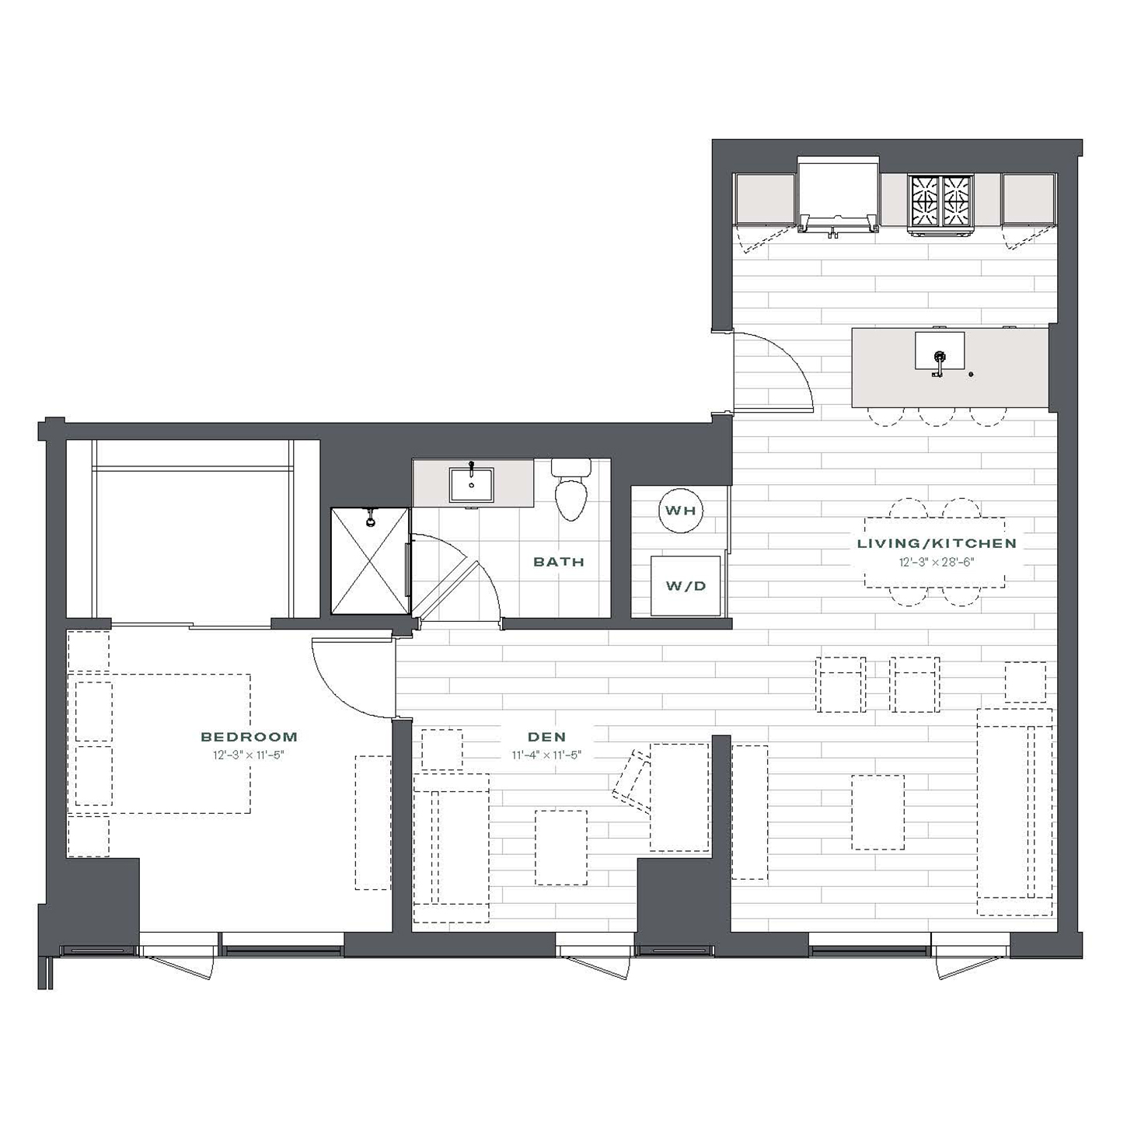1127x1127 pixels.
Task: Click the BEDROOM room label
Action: click(249, 737)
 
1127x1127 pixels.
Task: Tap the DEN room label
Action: click(546, 737)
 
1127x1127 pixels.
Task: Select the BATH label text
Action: click(559, 562)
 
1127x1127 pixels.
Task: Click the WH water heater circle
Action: click(681, 511)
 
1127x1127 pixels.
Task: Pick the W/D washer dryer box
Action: click(686, 585)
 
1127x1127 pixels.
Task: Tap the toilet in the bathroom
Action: click(570, 490)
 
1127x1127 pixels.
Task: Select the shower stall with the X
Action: click(370, 561)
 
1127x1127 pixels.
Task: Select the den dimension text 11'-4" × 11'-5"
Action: click(546, 755)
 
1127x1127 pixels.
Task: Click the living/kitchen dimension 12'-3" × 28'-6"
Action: click(937, 562)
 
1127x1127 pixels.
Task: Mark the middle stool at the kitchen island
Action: click(937, 417)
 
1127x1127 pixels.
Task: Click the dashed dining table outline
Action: click(934, 552)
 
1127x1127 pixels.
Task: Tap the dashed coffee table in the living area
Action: click(878, 812)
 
